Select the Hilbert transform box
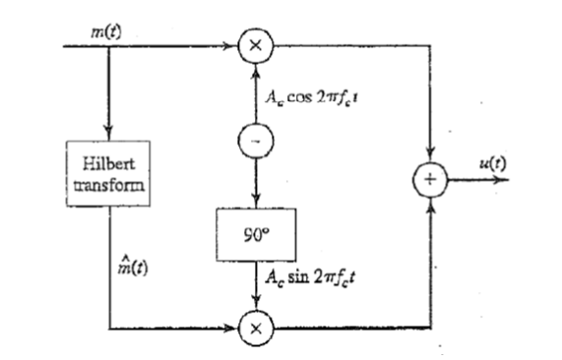(107, 174)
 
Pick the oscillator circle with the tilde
(254, 141)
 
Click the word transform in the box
(107, 184)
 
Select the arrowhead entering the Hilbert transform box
(107, 135)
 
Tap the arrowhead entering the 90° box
(254, 203)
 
